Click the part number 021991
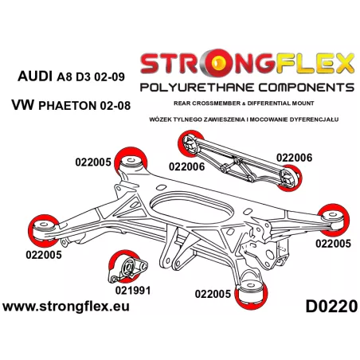133,290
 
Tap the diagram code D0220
331,307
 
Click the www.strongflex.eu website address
66,307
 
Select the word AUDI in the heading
35,76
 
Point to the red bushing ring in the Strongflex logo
219,62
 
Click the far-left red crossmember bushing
43,230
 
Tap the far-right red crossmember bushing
334,220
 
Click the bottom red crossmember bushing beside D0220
251,293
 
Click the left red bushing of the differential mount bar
190,143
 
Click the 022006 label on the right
294,158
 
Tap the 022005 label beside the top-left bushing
93,162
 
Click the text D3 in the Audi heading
84,77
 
